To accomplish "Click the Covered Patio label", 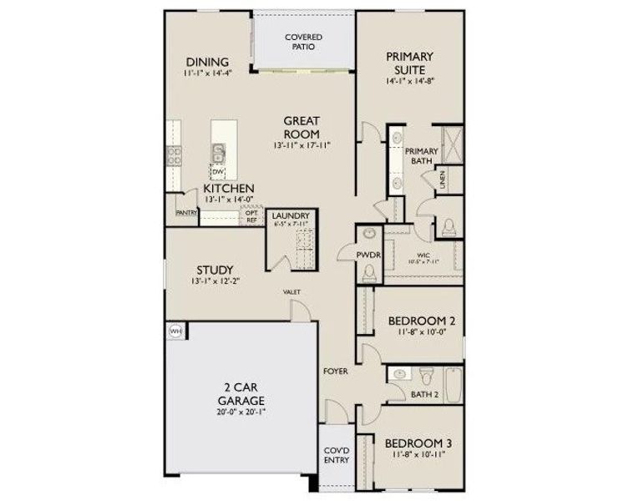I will click(x=303, y=43).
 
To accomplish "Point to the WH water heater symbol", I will click(x=175, y=331).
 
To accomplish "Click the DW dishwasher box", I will click(x=218, y=172).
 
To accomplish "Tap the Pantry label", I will click(x=185, y=213).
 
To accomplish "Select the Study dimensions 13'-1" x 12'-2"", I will click(x=214, y=282).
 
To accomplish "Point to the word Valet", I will click(x=292, y=291).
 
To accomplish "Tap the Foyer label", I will click(x=336, y=370).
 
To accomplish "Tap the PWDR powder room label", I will click(x=368, y=255).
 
